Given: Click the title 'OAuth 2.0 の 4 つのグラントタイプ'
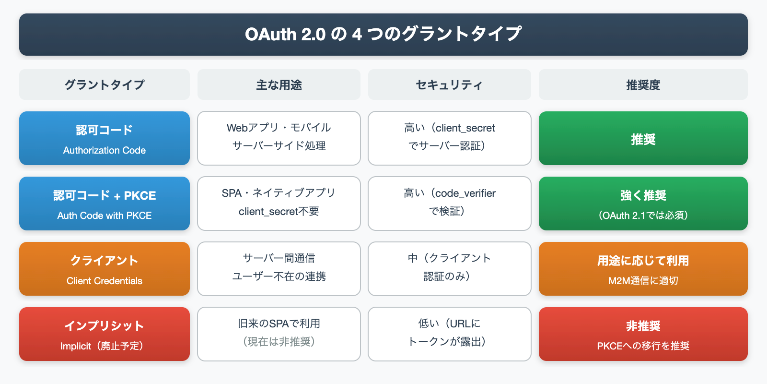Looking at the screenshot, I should coord(383,34).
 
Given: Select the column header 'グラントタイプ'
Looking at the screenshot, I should coord(105,85).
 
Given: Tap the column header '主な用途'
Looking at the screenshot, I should coord(279,85).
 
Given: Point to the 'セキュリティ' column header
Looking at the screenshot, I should coord(449,85).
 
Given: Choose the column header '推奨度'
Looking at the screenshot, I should coord(643,85).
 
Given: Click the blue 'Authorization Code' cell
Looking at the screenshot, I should coord(105,139).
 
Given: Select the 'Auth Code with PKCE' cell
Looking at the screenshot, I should coord(105,204).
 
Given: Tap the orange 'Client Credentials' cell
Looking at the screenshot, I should coord(105,269).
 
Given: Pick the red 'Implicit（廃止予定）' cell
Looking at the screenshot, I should coord(105,335).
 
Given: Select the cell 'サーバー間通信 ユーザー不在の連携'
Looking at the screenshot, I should coord(279,268).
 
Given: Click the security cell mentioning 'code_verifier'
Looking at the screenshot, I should coord(449,203).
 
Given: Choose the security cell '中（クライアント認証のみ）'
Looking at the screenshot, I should coord(449,268).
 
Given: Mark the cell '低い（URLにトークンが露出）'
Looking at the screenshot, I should coord(449,334).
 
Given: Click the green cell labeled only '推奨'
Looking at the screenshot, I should coord(643,139).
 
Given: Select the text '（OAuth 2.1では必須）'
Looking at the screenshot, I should coord(643,216).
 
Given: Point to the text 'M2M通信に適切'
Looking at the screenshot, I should coord(643,281).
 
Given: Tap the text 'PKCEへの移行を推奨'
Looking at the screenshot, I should coord(643,346).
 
